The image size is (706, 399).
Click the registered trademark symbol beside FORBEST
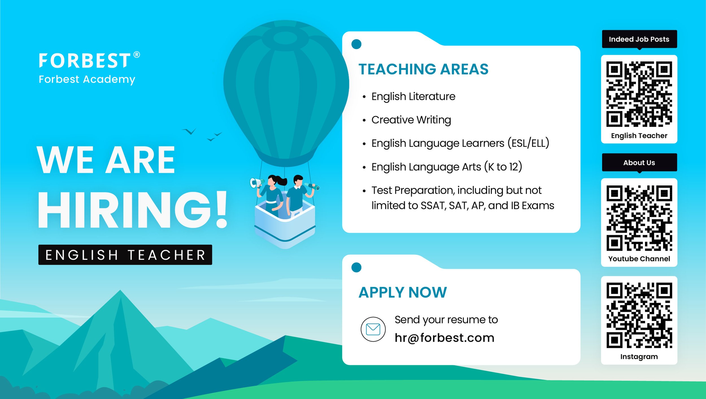pos(137,54)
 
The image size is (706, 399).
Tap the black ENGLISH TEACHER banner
pos(125,255)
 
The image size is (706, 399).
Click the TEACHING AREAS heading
pos(423,69)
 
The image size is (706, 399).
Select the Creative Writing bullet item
pos(411,120)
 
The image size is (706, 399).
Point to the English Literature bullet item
pos(413,96)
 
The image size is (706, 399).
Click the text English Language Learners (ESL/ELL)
pos(460,143)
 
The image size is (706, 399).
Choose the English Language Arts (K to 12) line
pos(446,167)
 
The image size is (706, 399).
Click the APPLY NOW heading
pos(403,292)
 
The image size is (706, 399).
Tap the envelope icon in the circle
pos(373,329)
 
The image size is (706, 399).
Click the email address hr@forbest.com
pos(444,338)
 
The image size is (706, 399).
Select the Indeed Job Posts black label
pos(639,39)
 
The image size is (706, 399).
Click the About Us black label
pos(639,163)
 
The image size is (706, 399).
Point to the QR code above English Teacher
pos(639,94)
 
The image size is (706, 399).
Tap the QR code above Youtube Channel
pos(639,218)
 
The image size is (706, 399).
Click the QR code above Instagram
pos(639,316)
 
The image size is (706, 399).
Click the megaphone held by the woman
pos(256,183)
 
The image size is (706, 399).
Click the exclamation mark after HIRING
pos(221,209)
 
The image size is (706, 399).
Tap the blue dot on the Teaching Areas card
pos(356,44)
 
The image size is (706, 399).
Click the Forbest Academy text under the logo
pos(87,80)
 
